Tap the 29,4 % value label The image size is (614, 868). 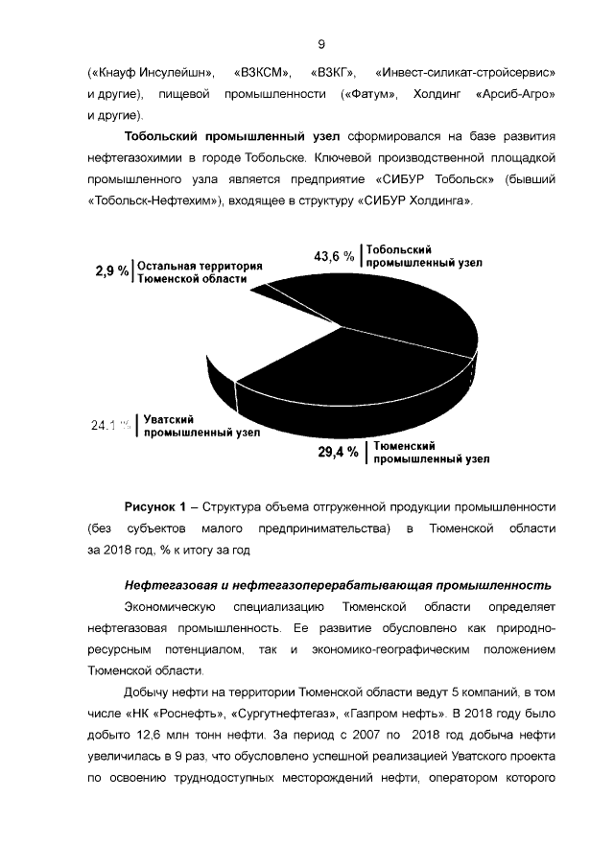tap(338, 452)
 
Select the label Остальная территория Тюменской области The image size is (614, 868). tap(200, 271)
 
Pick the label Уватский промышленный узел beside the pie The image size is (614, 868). tap(196, 426)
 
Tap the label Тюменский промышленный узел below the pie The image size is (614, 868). tap(431, 453)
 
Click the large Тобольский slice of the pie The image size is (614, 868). tap(384, 317)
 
